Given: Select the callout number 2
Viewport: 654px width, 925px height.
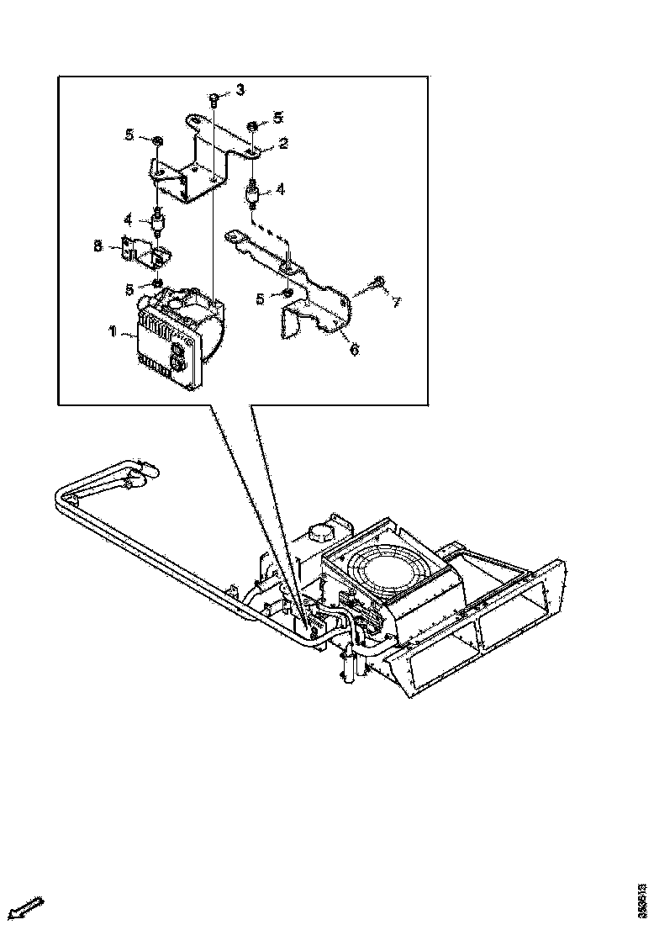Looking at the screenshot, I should pos(284,144).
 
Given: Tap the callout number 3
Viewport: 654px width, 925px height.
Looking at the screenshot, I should pos(240,89).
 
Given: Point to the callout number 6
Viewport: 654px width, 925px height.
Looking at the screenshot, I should pos(353,349).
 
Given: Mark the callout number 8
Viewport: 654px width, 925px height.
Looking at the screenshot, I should pos(98,246).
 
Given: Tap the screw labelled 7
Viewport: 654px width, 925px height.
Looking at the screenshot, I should pos(378,281).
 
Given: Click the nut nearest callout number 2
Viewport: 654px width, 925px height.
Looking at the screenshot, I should pos(252,127).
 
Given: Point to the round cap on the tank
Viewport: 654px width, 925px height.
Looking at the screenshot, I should pos(321,532).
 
